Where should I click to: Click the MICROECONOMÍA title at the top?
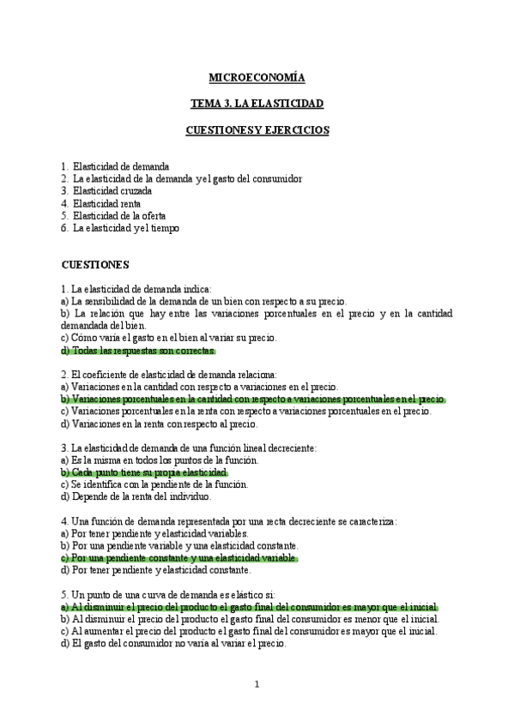[257, 78]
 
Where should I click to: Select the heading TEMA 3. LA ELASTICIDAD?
[257, 104]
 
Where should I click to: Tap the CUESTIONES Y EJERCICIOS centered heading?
[257, 130]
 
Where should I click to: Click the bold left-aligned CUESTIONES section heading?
[94, 265]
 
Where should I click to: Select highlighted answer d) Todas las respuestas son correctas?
[138, 351]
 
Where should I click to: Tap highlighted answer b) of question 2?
[253, 400]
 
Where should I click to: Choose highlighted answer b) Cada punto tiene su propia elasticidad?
[144, 472]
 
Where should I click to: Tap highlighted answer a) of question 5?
[250, 607]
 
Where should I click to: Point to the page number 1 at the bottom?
[257, 684]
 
